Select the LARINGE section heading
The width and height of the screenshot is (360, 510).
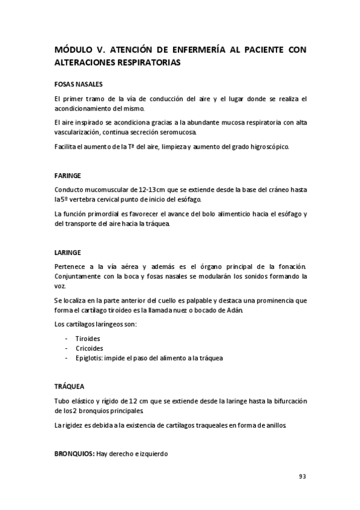pyautogui.click(x=67, y=253)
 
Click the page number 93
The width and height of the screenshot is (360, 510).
pyautogui.click(x=302, y=477)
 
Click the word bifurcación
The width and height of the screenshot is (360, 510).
pyautogui.click(x=286, y=401)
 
